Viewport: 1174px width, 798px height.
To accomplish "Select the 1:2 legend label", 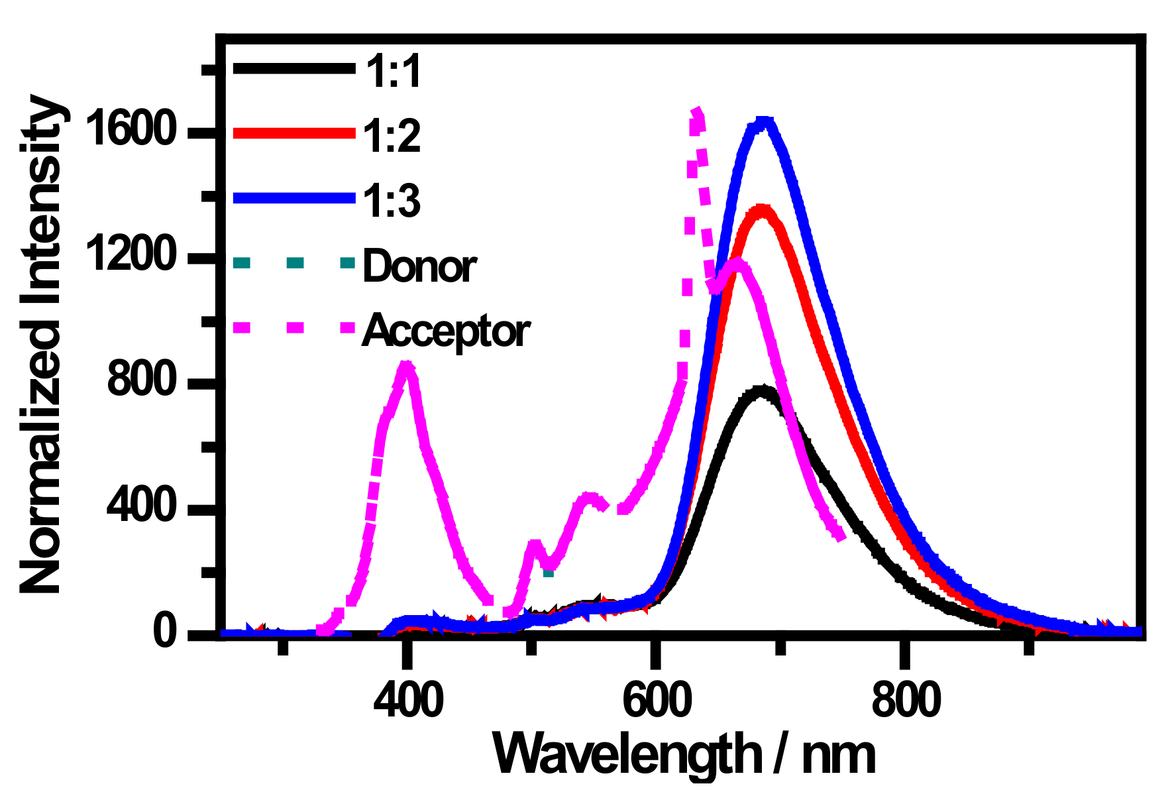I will coord(392,136).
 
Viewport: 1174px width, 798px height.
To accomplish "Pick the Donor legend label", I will coord(419,266).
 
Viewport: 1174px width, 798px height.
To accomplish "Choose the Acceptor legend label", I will coord(445,331).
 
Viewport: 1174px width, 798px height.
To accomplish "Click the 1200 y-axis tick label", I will coord(131,255).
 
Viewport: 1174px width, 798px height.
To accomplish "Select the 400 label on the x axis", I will coord(407,700).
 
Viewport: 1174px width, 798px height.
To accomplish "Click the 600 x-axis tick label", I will coord(657,700).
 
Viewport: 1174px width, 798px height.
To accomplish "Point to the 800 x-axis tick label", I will coord(906,700).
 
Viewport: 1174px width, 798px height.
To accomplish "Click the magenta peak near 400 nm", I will coord(406,365).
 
